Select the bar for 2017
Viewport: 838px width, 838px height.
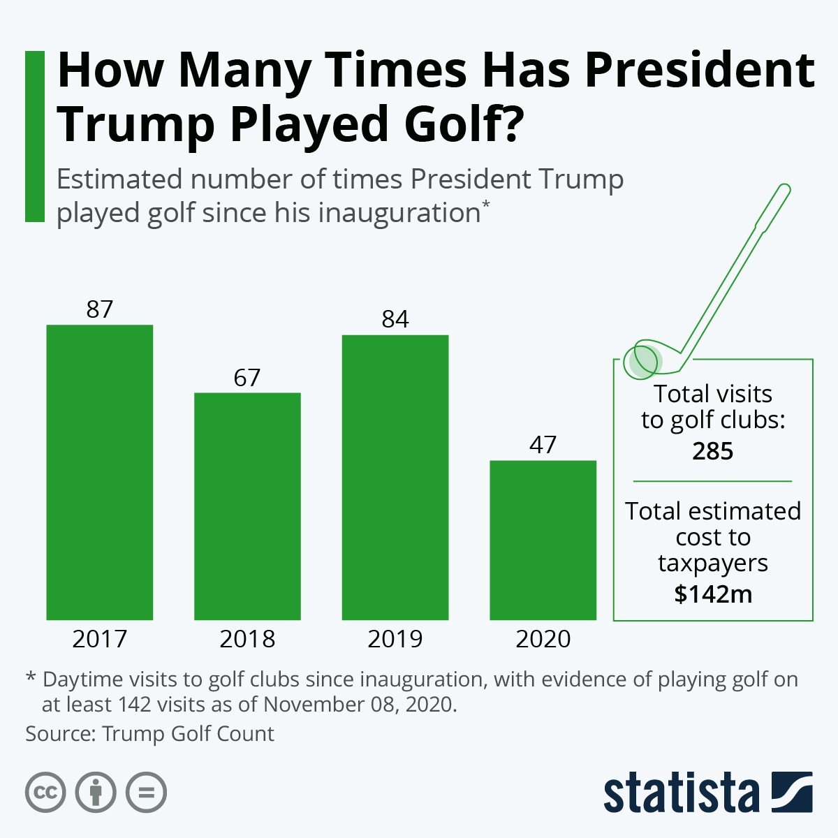tap(99, 472)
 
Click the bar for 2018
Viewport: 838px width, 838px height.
tap(247, 506)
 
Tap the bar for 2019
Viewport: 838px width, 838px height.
tap(395, 477)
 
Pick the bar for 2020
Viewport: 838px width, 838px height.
tap(543, 540)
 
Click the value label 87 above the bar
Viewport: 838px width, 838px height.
tap(99, 309)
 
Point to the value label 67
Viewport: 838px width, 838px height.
tap(247, 378)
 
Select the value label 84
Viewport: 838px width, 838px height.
tap(395, 319)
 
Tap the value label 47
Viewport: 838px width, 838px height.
tap(543, 445)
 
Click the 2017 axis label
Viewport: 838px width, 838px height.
tap(99, 639)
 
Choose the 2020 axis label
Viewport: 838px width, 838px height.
tap(543, 639)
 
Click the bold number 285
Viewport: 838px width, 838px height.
tap(712, 451)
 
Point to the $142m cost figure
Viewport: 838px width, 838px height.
tap(712, 594)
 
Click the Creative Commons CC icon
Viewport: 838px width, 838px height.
tap(45, 793)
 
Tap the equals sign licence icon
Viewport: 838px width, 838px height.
tap(147, 793)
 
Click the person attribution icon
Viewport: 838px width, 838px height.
tap(96, 793)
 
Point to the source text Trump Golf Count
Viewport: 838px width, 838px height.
tap(188, 734)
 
